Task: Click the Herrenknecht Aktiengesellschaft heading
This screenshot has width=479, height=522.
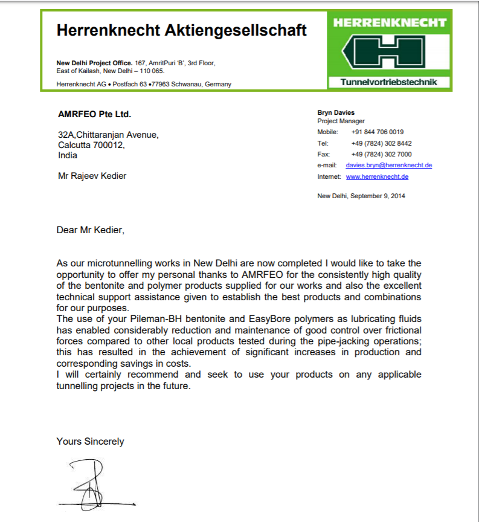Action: click(181, 30)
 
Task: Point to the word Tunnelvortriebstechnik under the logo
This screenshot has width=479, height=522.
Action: click(389, 82)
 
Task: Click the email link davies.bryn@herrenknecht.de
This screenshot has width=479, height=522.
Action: click(388, 165)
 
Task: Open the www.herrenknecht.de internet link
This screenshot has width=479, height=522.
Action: click(377, 176)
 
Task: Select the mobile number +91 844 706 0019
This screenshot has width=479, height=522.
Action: click(377, 132)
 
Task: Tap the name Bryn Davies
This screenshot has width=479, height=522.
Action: click(336, 112)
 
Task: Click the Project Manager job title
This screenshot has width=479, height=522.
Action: click(341, 121)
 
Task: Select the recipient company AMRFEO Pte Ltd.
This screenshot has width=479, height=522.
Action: click(94, 114)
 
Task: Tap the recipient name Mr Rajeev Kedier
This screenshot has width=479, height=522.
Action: click(92, 176)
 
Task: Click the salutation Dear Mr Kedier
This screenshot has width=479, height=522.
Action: click(90, 230)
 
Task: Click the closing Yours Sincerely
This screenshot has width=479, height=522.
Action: click(90, 441)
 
